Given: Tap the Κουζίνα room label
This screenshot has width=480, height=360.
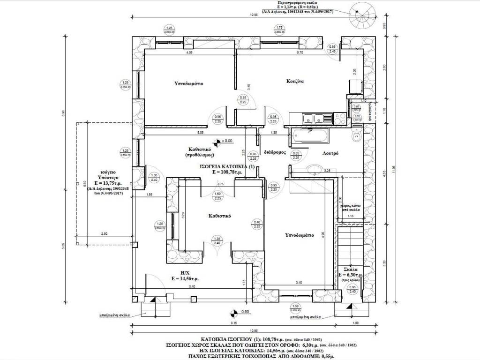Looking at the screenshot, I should (x=296, y=81).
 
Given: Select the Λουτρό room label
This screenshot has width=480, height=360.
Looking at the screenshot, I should (x=330, y=153).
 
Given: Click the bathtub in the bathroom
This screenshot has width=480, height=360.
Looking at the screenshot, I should (x=310, y=136).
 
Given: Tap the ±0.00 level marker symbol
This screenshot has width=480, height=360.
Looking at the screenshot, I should (x=217, y=141).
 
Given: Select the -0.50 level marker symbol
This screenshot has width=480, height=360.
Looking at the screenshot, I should (x=233, y=312).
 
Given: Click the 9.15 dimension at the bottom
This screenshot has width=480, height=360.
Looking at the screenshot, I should (x=232, y=322).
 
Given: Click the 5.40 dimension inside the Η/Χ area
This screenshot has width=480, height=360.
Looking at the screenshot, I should (x=192, y=286).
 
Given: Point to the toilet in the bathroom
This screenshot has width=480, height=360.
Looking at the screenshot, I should (x=356, y=137).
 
